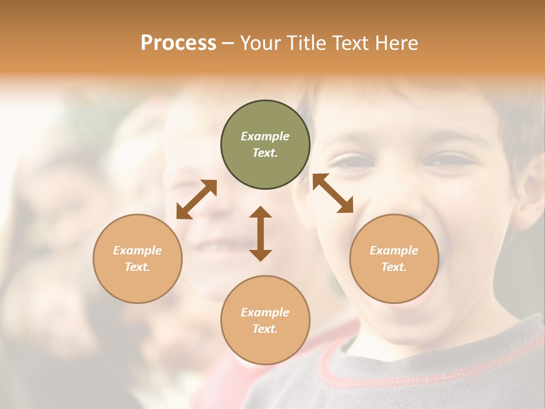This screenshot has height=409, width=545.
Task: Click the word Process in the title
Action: (178, 43)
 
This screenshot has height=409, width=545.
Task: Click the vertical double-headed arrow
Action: (261, 233)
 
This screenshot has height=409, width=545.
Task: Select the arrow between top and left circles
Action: (196, 199)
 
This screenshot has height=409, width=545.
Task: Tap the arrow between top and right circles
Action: (333, 193)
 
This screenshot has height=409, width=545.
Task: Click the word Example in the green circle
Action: (265, 136)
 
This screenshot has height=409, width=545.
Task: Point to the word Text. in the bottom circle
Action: (265, 329)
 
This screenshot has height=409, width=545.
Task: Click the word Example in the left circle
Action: (137, 251)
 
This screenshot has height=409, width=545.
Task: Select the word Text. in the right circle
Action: (394, 267)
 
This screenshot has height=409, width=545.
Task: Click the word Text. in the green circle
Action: (265, 153)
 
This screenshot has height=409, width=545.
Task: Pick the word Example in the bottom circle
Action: (265, 312)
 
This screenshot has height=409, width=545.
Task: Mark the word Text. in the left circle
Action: (137, 267)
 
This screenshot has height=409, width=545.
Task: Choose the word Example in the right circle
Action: (394, 251)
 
